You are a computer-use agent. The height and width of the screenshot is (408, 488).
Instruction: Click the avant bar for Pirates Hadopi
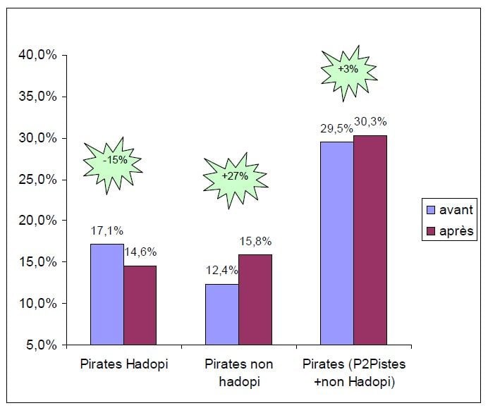click(x=106, y=294)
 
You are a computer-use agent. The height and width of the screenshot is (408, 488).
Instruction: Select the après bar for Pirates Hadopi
click(x=140, y=304)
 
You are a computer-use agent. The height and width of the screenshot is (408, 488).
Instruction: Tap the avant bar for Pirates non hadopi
click(x=221, y=314)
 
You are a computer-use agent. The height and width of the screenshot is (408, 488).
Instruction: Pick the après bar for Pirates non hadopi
click(x=255, y=299)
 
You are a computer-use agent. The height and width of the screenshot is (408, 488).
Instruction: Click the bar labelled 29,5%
click(x=336, y=243)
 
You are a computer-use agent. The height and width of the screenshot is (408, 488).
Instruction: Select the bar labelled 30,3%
click(x=370, y=240)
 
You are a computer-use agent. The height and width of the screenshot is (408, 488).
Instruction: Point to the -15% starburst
click(x=115, y=160)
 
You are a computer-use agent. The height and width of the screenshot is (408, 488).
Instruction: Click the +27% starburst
click(x=235, y=176)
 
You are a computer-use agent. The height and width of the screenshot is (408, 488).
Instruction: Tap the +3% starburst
click(x=348, y=69)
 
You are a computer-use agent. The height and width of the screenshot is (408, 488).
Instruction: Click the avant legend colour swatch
click(x=430, y=210)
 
